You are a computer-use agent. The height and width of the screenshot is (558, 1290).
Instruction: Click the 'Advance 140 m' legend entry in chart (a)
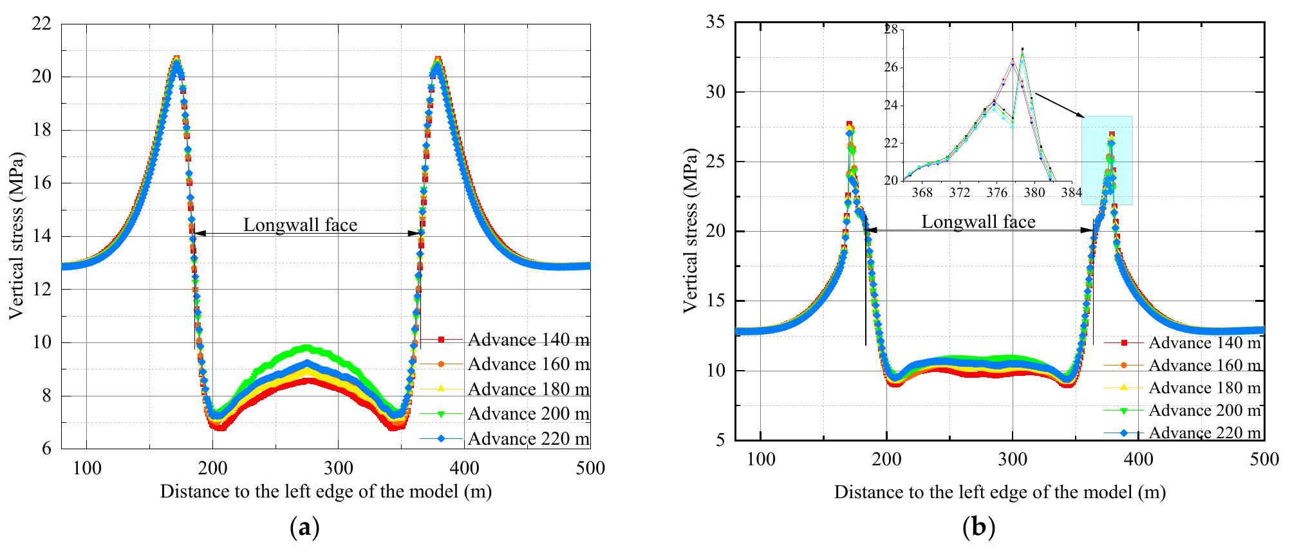click(x=528, y=339)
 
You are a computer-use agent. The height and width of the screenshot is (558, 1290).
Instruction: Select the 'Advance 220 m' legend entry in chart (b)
click(x=1204, y=432)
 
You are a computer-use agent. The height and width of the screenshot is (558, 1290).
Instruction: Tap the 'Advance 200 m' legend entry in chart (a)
click(x=528, y=413)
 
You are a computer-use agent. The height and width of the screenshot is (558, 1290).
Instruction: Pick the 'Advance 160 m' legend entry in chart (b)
click(x=1204, y=365)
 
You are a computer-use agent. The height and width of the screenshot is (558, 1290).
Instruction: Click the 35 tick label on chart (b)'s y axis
click(x=716, y=23)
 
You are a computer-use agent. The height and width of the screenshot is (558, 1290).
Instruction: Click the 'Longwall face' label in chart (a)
click(x=300, y=225)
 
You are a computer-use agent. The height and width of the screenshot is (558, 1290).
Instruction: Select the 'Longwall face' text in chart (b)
click(x=978, y=222)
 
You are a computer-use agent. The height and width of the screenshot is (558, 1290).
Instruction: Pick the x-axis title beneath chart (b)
click(x=1000, y=492)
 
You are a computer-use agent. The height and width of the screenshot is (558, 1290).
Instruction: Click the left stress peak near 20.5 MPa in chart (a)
click(x=176, y=61)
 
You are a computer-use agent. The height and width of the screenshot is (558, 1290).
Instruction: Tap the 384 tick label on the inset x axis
click(x=1072, y=192)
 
